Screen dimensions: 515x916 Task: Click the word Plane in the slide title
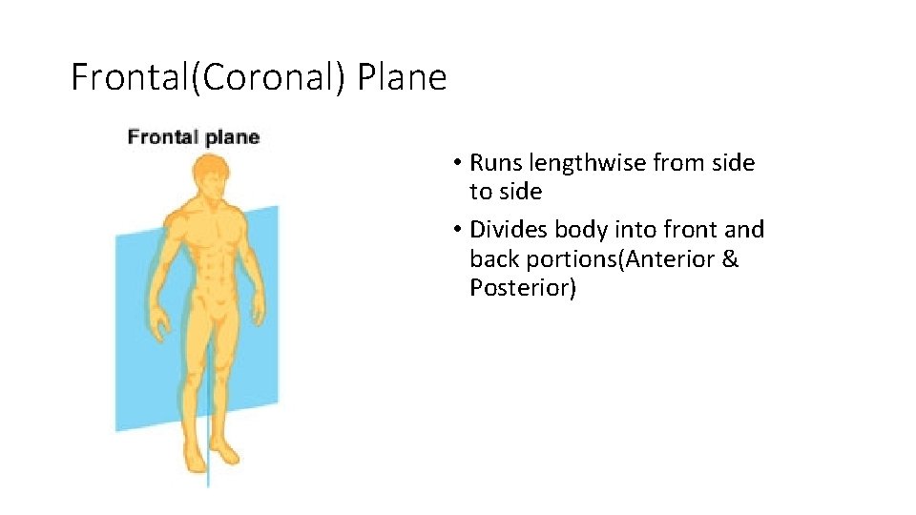(x=402, y=77)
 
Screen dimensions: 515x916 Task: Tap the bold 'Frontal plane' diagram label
(x=194, y=137)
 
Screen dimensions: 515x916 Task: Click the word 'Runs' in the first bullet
(x=494, y=163)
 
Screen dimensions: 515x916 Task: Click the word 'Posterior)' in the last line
(x=523, y=287)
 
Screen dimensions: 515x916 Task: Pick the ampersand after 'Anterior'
(x=730, y=258)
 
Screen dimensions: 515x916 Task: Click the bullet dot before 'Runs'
(x=459, y=164)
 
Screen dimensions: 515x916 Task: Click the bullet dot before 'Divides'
(x=459, y=231)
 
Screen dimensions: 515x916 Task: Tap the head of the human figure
(x=210, y=176)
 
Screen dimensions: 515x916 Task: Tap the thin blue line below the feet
(x=207, y=477)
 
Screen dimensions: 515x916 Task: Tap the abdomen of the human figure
(x=211, y=267)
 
